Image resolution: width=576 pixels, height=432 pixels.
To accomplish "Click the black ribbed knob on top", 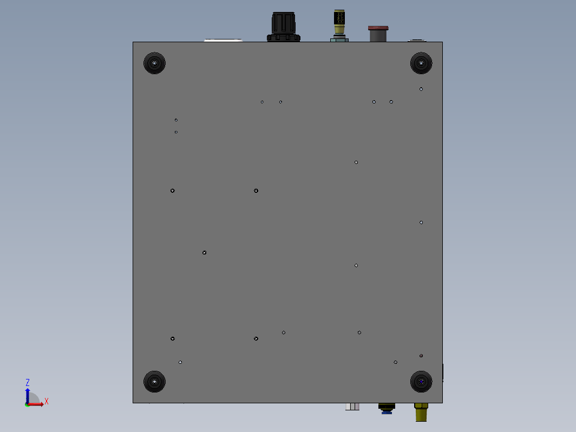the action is [284, 27].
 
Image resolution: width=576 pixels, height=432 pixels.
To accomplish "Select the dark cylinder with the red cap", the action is [378, 34].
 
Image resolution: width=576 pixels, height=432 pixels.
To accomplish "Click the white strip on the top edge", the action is [224, 40].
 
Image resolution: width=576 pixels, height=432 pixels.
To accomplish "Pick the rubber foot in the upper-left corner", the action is [154, 63].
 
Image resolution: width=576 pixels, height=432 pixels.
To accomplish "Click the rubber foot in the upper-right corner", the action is [421, 63].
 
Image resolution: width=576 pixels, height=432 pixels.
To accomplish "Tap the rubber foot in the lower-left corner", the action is [154, 382].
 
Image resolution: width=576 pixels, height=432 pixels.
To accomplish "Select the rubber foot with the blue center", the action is [421, 382].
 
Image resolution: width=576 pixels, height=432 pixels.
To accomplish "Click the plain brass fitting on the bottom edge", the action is [421, 412].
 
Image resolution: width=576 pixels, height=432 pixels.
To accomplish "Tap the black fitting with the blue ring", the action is [387, 409].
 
